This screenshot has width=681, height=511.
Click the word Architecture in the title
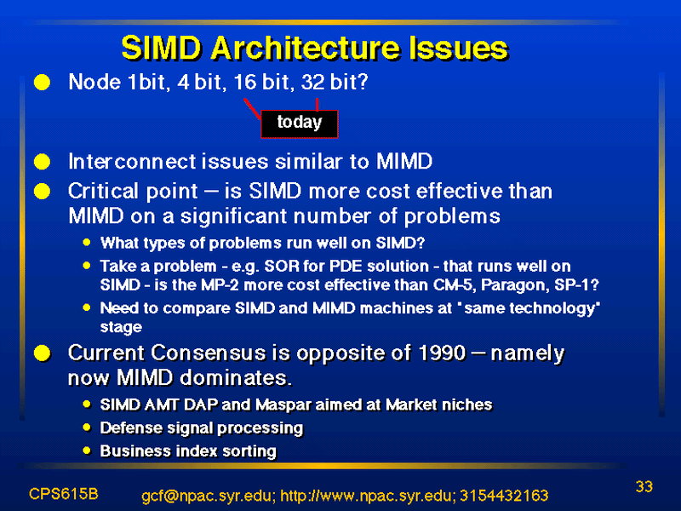coord(305,48)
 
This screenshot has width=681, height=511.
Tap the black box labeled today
coord(300,124)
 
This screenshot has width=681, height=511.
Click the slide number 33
coord(644,486)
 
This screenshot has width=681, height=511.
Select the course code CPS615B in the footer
coord(63,494)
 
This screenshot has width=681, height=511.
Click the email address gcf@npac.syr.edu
coord(208,496)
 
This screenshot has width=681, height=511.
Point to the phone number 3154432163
coord(504,496)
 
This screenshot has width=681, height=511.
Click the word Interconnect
coord(132,162)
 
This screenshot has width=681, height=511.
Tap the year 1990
coord(442,353)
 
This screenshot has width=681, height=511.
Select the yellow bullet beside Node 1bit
coord(42,82)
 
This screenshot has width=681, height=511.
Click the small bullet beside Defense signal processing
coord(87,428)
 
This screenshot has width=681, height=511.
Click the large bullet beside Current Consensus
coord(42,353)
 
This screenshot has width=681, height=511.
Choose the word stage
coord(121,327)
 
